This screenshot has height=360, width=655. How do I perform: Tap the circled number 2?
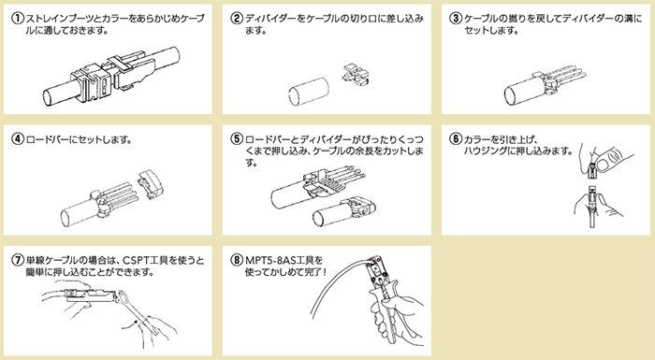(x=238, y=17)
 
